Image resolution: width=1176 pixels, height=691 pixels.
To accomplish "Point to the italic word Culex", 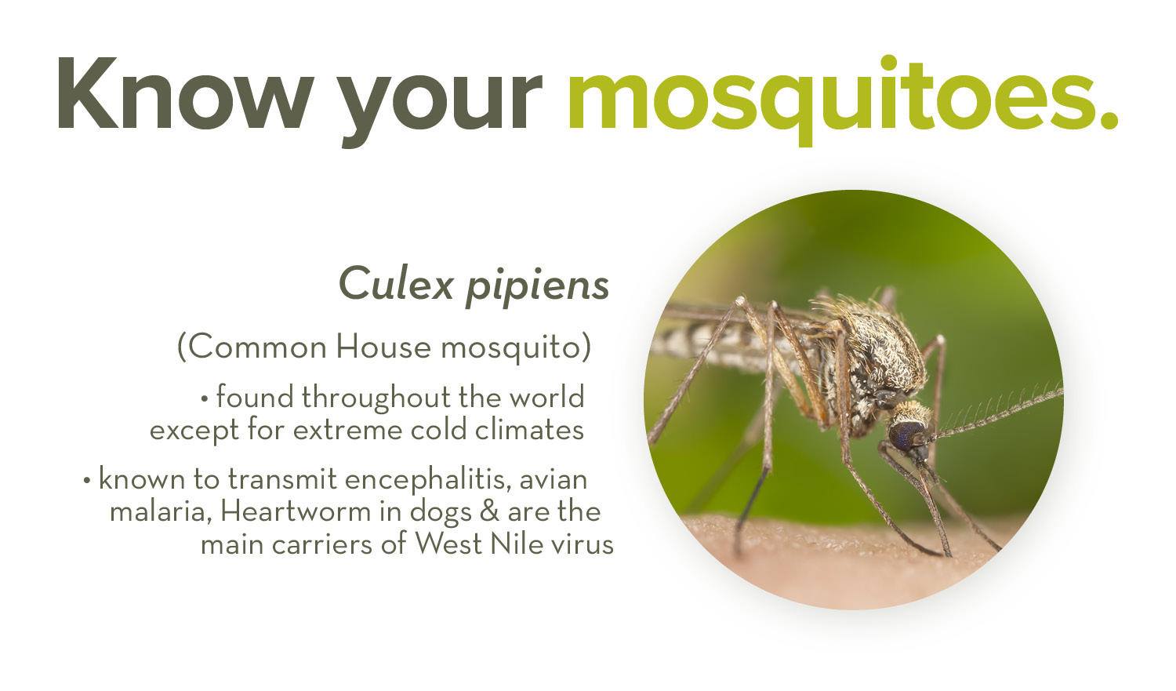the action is (x=396, y=284).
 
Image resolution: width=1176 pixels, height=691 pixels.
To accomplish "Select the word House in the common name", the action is (x=383, y=347).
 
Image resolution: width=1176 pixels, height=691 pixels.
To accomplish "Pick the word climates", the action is (x=529, y=430).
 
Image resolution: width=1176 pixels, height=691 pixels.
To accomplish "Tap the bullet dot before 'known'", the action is (x=87, y=481).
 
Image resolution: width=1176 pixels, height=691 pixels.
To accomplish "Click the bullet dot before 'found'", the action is (x=205, y=398).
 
